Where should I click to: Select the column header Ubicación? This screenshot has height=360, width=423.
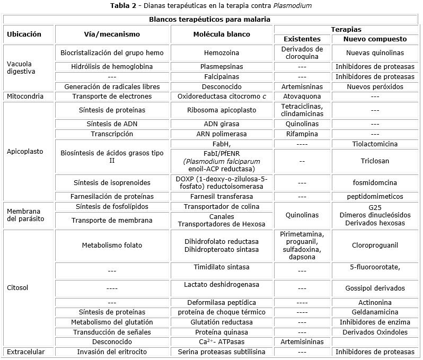tap(24, 34)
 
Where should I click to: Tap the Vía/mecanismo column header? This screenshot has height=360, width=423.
tap(112, 34)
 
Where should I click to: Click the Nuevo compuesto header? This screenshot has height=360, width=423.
tap(375, 39)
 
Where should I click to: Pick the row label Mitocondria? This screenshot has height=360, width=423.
tap(24, 96)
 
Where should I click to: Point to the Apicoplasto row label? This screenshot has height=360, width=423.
tap(25, 151)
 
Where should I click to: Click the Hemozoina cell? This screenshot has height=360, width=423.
tap(222, 53)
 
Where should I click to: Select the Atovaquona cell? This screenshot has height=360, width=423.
tap(302, 96)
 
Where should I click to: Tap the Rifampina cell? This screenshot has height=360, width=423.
tap(302, 134)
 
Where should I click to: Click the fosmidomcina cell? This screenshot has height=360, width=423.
tap(375, 182)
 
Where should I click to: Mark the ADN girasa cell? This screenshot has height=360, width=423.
tap(222, 124)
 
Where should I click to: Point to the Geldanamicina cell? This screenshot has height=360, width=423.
tap(375, 312)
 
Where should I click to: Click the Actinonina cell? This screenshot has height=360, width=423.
tap(375, 302)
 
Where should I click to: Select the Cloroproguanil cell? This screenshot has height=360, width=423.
tap(375, 245)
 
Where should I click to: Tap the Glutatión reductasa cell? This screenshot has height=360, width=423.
tap(222, 322)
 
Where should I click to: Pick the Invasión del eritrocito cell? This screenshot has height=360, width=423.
tap(112, 352)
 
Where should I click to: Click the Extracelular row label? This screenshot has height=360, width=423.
tap(26, 352)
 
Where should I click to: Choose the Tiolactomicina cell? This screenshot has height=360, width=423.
tap(375, 144)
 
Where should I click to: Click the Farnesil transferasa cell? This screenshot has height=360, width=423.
tap(222, 196)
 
